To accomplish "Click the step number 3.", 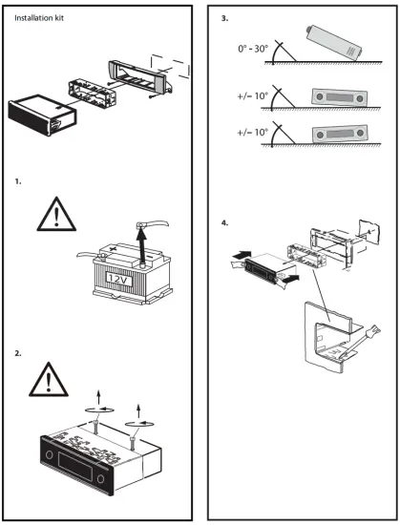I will click(x=224, y=18).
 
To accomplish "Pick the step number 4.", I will click(x=224, y=225).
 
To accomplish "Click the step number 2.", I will click(x=18, y=352).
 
